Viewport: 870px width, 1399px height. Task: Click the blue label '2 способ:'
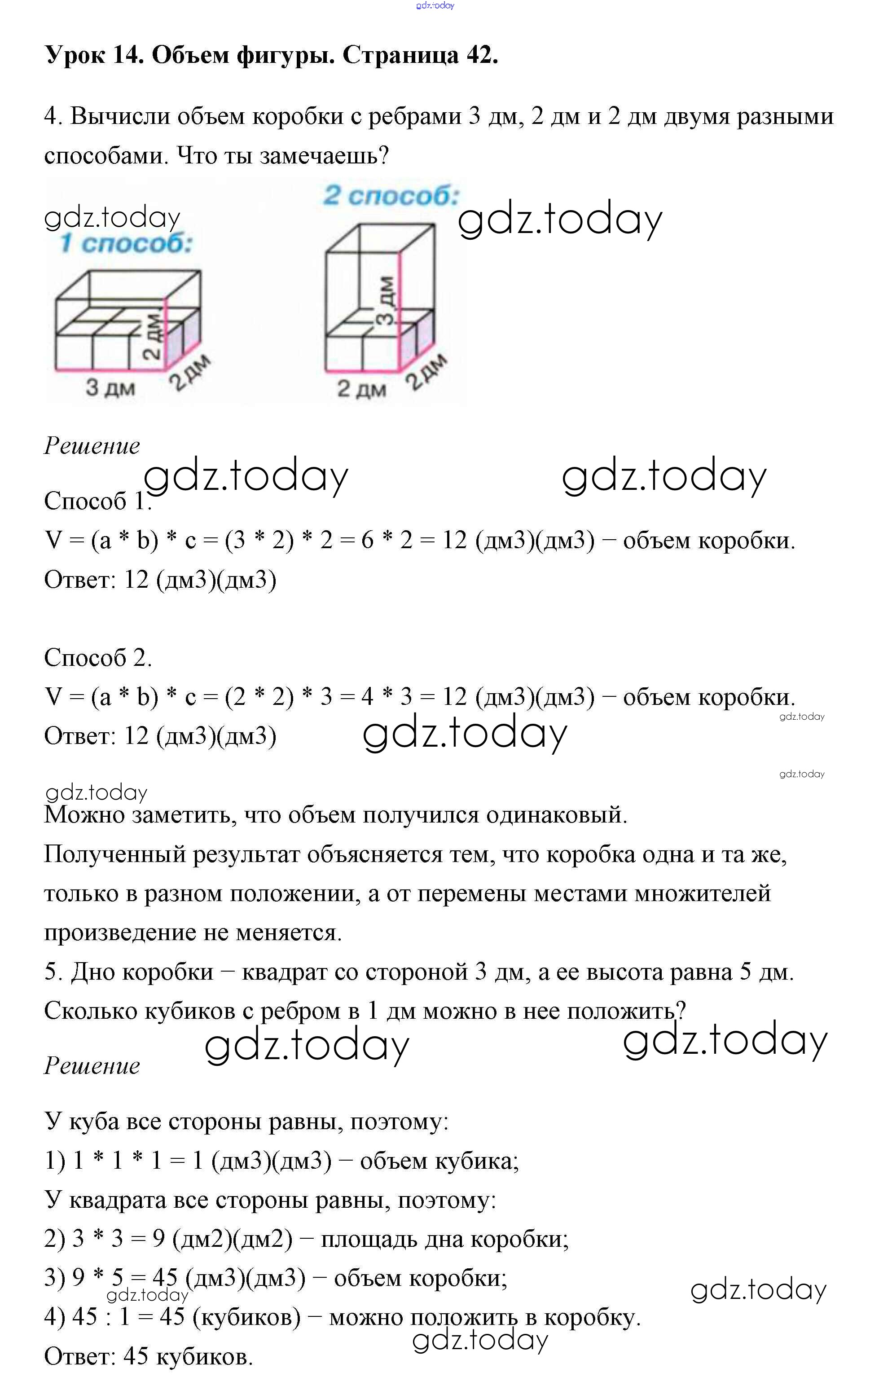(x=391, y=196)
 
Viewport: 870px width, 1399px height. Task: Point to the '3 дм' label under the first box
(x=110, y=387)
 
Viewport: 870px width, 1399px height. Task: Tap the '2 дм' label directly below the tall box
(x=361, y=388)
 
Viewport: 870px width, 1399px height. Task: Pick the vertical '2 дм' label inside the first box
(x=151, y=337)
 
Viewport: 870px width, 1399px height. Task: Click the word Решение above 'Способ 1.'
(x=92, y=446)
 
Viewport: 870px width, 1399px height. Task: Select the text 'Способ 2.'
(x=98, y=657)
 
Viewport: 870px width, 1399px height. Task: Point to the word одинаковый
(x=555, y=815)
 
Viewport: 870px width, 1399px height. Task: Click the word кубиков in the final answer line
(x=204, y=1357)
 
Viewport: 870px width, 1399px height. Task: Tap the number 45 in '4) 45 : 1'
(x=84, y=1317)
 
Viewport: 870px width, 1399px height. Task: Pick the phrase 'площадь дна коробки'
(x=444, y=1239)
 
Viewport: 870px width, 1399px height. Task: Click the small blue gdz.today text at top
(x=435, y=6)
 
